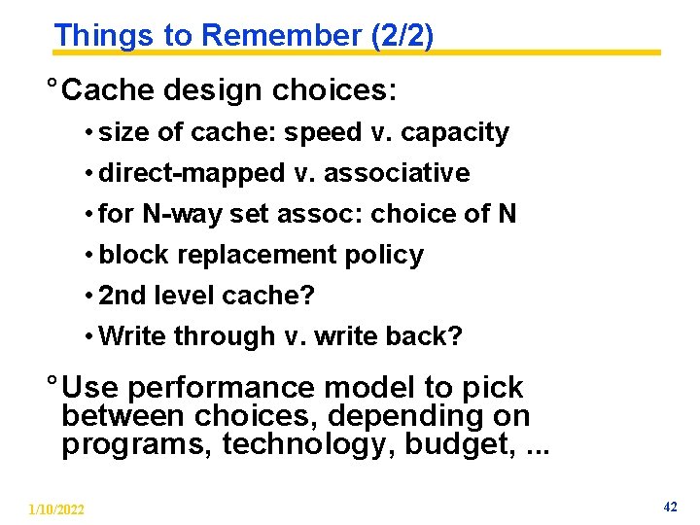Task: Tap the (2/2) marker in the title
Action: point(402,36)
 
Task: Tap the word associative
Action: point(397,173)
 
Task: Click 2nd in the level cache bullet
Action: point(122,296)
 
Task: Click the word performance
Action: point(222,388)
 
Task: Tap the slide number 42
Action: point(670,507)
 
